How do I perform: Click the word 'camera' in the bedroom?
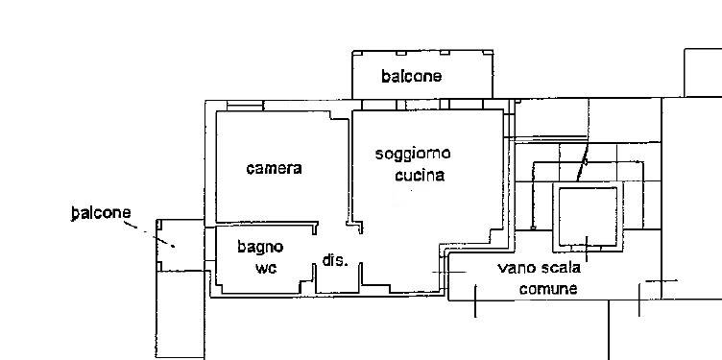(x=274, y=168)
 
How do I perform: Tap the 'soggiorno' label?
(x=412, y=154)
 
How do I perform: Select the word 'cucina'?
(x=419, y=176)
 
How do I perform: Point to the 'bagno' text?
(x=260, y=247)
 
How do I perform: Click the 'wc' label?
(x=265, y=268)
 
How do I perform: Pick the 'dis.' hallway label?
(x=334, y=260)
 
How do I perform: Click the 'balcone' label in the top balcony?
(x=411, y=76)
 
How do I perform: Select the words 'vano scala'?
(x=539, y=268)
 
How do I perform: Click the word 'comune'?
(x=548, y=288)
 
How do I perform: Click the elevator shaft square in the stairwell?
(x=587, y=216)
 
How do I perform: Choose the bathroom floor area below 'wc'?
(x=264, y=283)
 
